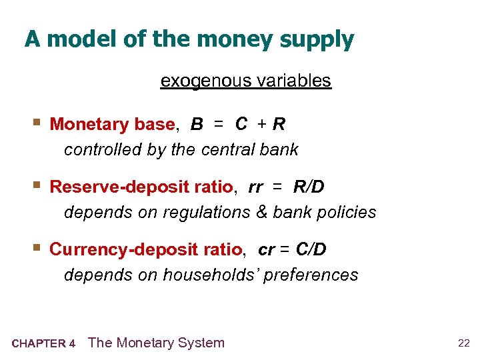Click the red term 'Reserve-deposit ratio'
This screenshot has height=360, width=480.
(x=141, y=187)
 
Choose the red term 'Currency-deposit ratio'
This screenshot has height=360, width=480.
(x=146, y=249)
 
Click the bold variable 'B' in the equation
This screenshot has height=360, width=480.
(x=197, y=125)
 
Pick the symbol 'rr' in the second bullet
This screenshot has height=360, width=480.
(x=255, y=188)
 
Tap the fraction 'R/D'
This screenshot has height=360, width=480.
(x=309, y=187)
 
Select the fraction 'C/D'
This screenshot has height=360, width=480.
(x=311, y=249)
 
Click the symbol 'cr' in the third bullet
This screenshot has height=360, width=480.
(x=266, y=250)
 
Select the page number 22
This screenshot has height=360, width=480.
(x=463, y=343)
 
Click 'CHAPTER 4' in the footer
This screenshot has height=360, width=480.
(x=43, y=344)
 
